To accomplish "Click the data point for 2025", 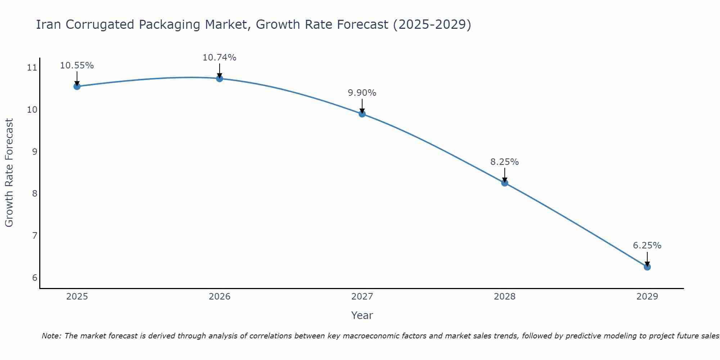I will pyautogui.click(x=77, y=86).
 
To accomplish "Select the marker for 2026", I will pyautogui.click(x=220, y=78).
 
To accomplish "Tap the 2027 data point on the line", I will pyautogui.click(x=362, y=114).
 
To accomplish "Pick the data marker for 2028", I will pyautogui.click(x=505, y=183).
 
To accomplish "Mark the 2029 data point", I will pyautogui.click(x=647, y=267).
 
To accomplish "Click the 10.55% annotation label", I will pyautogui.click(x=77, y=66).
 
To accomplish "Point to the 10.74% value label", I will pyautogui.click(x=220, y=58).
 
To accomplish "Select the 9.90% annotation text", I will pyautogui.click(x=362, y=93).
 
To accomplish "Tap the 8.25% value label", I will pyautogui.click(x=505, y=162).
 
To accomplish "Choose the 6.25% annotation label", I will pyautogui.click(x=647, y=246).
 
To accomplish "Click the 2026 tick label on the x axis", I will pyautogui.click(x=220, y=297).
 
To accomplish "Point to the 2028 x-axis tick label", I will pyautogui.click(x=505, y=297).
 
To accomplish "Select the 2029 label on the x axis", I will pyautogui.click(x=647, y=297).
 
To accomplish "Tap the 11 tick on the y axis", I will pyautogui.click(x=32, y=68).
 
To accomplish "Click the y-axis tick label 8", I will pyautogui.click(x=35, y=194).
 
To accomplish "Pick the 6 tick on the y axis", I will pyautogui.click(x=35, y=278).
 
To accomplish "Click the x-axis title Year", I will pyautogui.click(x=362, y=315).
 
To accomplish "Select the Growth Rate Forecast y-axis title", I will pyautogui.click(x=9, y=173).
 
